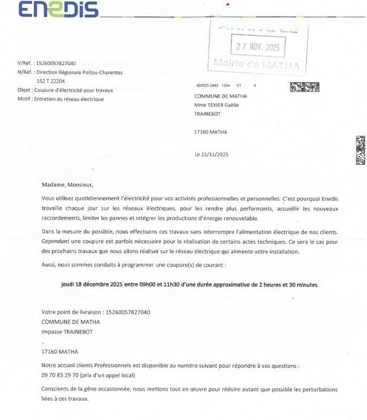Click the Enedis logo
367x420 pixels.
pyautogui.click(x=58, y=9)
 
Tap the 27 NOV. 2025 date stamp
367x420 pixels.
pyautogui.click(x=258, y=46)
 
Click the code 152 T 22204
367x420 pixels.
pyautogui.click(x=50, y=81)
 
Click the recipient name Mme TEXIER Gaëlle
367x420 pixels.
pyautogui.click(x=216, y=105)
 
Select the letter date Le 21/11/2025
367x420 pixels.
pyautogui.click(x=211, y=155)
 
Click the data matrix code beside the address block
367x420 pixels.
pyautogui.click(x=304, y=87)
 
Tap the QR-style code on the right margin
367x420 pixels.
pyautogui.click(x=361, y=150)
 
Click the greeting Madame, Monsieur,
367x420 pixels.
pyautogui.click(x=67, y=185)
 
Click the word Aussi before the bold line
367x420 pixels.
pyautogui.click(x=49, y=265)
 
